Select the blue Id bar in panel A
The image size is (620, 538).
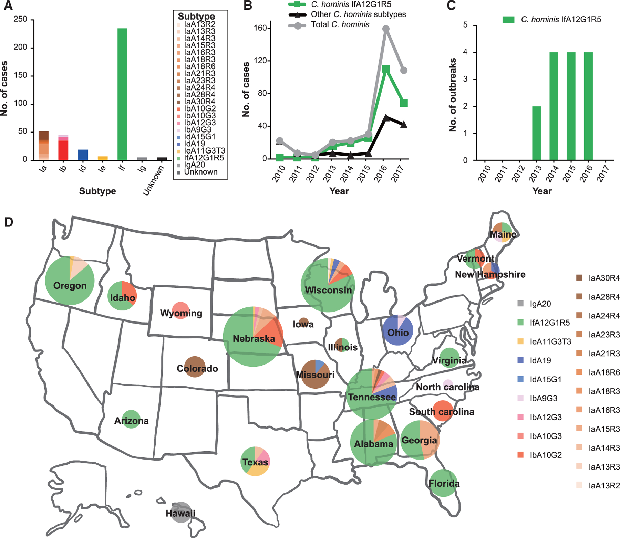83,155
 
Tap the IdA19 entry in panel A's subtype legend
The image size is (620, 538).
194,144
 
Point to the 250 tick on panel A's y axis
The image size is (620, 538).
20,19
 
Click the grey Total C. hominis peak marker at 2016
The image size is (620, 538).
386,29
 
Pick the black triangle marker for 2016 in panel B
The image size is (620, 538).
386,118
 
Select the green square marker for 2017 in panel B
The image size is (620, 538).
404,103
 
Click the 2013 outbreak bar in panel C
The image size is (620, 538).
536,133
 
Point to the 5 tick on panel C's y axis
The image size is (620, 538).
465,25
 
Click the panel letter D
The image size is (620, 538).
9,222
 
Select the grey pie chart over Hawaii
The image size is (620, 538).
180,513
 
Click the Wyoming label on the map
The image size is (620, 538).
181,313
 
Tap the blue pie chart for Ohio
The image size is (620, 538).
398,331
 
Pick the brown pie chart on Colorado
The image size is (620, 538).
195,367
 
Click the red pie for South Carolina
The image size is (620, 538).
443,410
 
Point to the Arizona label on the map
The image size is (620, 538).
131,421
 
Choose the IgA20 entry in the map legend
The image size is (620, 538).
540,304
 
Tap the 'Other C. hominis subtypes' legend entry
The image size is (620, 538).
358,14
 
